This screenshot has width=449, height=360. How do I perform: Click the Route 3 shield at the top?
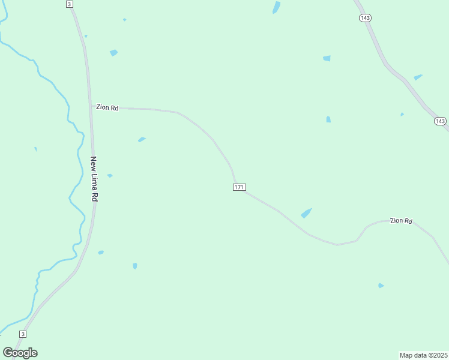coord(70,4)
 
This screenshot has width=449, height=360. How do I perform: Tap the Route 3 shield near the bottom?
coord(23,334)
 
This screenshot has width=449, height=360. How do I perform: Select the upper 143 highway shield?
coord(365,18)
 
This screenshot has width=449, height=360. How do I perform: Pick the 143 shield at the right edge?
coord(440,121)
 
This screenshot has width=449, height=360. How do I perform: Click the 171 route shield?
coord(239,187)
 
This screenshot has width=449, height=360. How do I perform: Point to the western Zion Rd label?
coord(107,108)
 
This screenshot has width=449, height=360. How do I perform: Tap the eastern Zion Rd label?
coord(401,221)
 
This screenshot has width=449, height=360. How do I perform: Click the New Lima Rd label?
coord(94,178)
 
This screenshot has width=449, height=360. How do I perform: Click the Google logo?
coord(20,353)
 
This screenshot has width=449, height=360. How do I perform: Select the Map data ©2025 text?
coord(423,355)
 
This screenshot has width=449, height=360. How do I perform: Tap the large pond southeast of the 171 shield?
coord(306,213)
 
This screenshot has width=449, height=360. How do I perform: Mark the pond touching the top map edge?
coord(276,7)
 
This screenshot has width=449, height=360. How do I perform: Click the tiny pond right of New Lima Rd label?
coord(110,175)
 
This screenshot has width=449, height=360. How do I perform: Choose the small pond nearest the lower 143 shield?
coord(402,114)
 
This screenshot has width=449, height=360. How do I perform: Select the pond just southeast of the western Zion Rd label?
coord(142,140)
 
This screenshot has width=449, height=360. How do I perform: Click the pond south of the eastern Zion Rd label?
coord(381,286)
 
